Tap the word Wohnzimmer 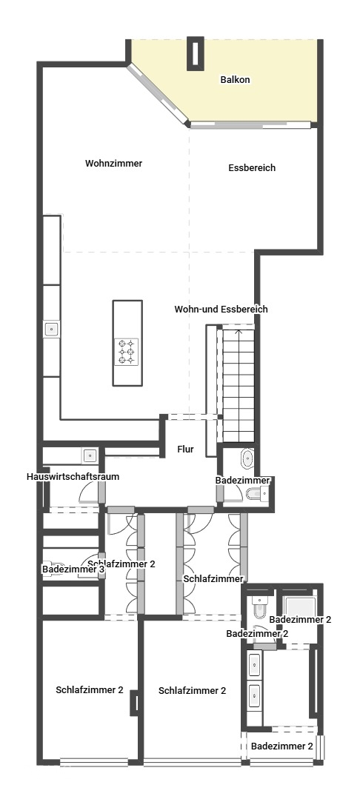(x=113, y=163)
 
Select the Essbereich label (x=252, y=168)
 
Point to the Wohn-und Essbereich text (x=221, y=309)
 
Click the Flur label (x=185, y=449)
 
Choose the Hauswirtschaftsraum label (x=73, y=477)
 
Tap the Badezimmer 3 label (x=73, y=569)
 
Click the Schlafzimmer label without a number (x=214, y=578)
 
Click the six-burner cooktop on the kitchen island (x=126, y=351)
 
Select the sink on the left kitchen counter (x=51, y=329)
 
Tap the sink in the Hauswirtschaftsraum (x=90, y=455)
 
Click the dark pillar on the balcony (x=196, y=55)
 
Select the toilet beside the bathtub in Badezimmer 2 (x=258, y=607)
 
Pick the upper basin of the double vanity (x=255, y=664)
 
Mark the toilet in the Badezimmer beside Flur (x=256, y=494)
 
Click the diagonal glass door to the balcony (x=158, y=93)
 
